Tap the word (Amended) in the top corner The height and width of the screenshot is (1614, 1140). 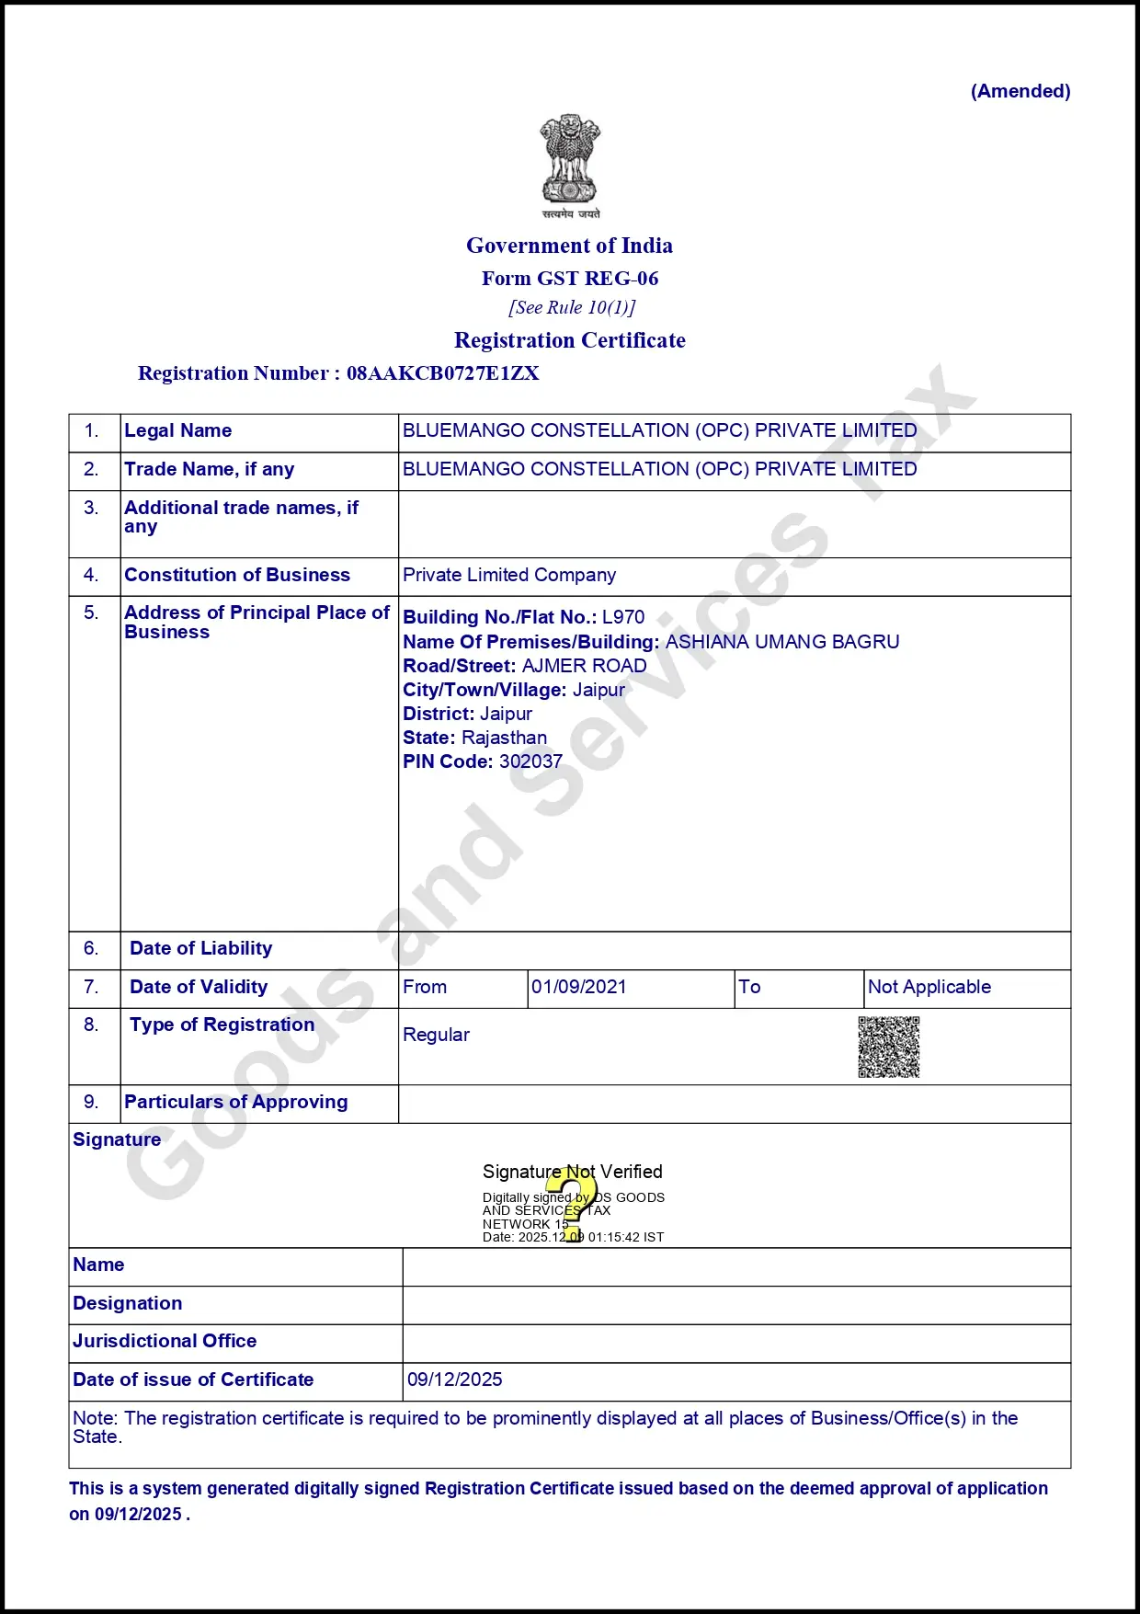pyautogui.click(x=1020, y=91)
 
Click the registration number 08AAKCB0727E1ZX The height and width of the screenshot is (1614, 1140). pyautogui.click(x=442, y=373)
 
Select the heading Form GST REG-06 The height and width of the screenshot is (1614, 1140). pyautogui.click(x=570, y=279)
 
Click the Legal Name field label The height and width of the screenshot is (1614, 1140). pyautogui.click(x=177, y=430)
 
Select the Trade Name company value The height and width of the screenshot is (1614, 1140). pyautogui.click(x=659, y=469)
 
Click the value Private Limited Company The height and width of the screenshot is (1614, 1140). pyautogui.click(x=509, y=575)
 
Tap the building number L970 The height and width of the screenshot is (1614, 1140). pyautogui.click(x=623, y=617)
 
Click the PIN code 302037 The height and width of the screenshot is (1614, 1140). pyautogui.click(x=530, y=761)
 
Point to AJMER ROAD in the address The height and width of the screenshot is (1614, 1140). pyautogui.click(x=584, y=666)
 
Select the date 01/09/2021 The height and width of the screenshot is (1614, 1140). pyautogui.click(x=578, y=987)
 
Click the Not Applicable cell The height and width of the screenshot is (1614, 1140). pyautogui.click(x=929, y=987)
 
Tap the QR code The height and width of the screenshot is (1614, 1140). pyautogui.click(x=888, y=1047)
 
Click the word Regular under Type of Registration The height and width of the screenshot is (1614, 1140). pyautogui.click(x=436, y=1035)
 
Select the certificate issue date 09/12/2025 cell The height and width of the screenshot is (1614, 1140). pyautogui.click(x=455, y=1379)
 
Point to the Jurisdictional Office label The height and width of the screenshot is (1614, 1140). pyautogui.click(x=165, y=1341)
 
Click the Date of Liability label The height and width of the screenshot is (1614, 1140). pyautogui.click(x=200, y=948)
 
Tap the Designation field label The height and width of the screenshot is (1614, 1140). pyautogui.click(x=127, y=1303)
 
